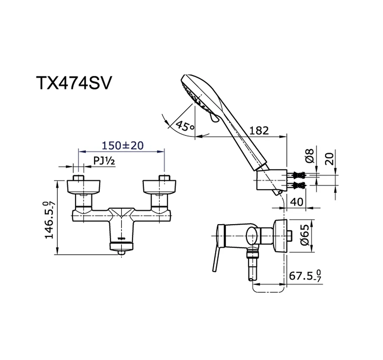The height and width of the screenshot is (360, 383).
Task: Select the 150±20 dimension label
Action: click(x=123, y=145)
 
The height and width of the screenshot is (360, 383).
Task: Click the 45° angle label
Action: click(x=185, y=125)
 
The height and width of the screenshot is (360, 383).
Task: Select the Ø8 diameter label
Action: click(x=310, y=155)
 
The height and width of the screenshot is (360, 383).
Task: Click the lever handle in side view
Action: click(x=216, y=260)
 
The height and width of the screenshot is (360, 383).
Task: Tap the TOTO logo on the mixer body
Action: click(x=121, y=238)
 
